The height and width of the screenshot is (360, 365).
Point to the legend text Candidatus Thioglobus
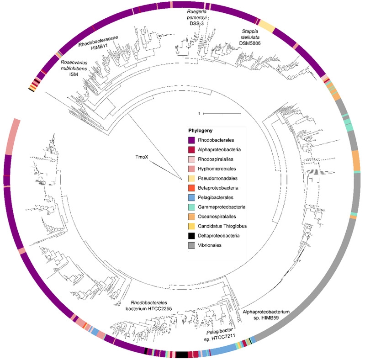click(x=228, y=227)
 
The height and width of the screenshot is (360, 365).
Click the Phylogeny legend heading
click(x=202, y=131)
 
